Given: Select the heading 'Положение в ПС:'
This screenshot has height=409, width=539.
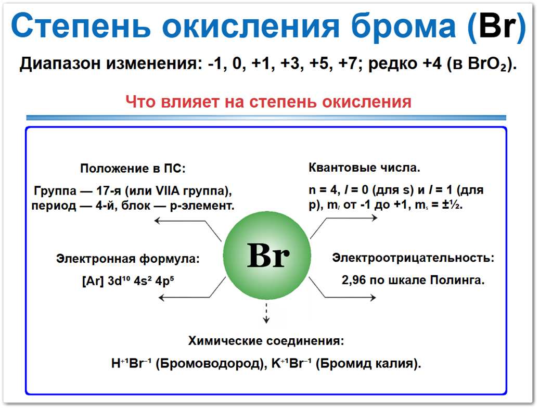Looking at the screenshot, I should tap(133, 169).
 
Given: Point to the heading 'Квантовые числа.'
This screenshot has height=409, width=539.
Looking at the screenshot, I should tap(364, 168).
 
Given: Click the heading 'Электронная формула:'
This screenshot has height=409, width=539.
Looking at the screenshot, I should tap(127, 259).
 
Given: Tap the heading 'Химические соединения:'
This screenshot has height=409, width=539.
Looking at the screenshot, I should tap(266, 341).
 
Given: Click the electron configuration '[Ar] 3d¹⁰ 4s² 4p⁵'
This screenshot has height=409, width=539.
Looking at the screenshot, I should tap(127, 281).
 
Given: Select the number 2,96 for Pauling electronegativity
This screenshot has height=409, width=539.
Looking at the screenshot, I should tap(354, 280).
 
